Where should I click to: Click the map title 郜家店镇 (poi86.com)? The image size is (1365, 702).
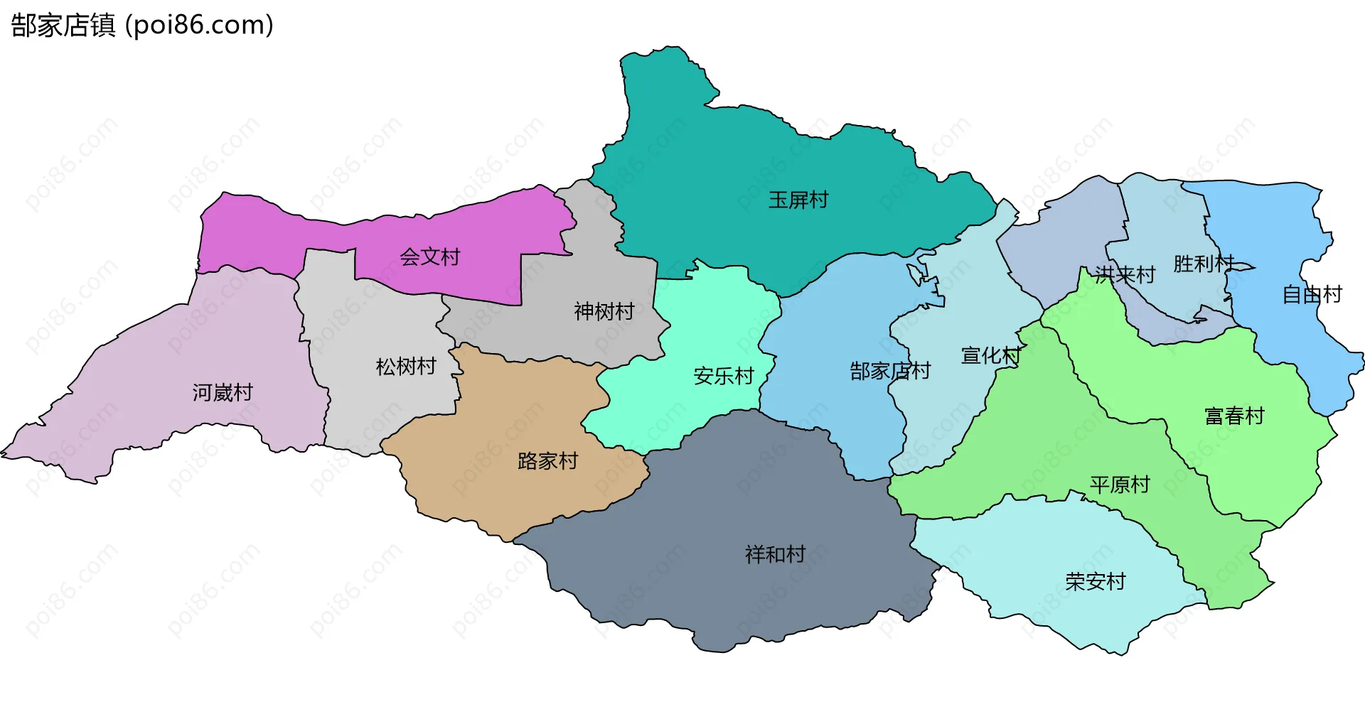point(142,26)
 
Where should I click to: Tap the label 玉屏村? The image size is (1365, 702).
point(798,200)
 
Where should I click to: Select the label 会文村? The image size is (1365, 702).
point(430,256)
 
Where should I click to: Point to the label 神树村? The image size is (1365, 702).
point(604,311)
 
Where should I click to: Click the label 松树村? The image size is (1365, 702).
point(406,367)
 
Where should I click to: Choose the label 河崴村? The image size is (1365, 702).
point(223,392)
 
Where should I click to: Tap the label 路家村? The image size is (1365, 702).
point(547,461)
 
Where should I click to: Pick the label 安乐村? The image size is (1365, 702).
point(724,376)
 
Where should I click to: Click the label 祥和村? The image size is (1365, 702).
point(775,554)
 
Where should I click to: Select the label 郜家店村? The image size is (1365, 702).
point(890,371)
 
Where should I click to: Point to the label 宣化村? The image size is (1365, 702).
point(991,355)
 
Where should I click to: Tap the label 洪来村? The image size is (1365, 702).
point(1125,274)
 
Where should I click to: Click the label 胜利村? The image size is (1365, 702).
point(1204,264)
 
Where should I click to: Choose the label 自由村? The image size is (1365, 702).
point(1312,294)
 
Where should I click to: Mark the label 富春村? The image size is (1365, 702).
point(1234,416)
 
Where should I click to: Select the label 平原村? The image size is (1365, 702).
point(1120,485)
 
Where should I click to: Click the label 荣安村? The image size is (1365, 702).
point(1095,582)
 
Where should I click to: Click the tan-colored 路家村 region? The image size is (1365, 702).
point(498,490)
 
